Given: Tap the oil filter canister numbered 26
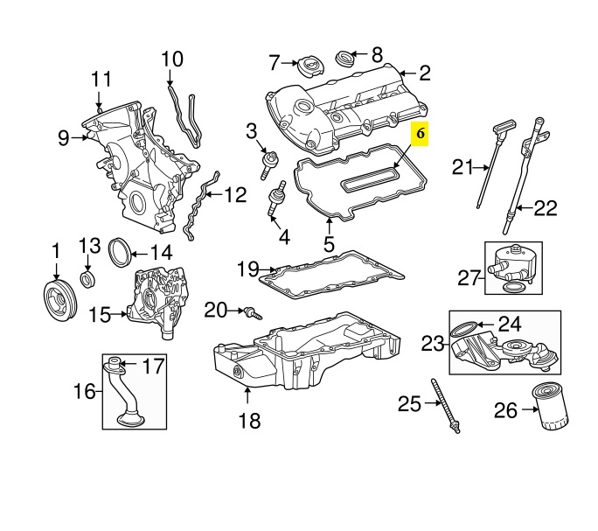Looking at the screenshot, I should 553,407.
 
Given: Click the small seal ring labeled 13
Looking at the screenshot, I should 88,280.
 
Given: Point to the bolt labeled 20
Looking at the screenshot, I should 252,311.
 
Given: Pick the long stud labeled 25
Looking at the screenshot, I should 445,404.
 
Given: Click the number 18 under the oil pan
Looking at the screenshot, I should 249,422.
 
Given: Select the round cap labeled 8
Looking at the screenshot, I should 346,59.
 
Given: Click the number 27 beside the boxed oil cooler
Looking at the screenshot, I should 470,278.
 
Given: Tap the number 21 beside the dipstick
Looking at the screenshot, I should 462,166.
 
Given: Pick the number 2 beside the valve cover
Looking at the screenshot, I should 425,73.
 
